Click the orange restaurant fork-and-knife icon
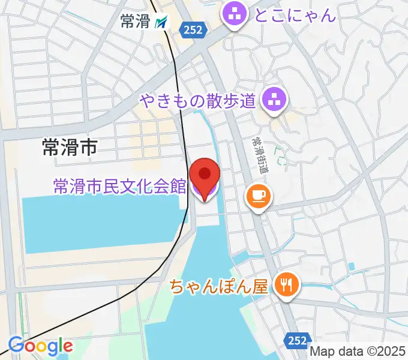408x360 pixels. [286, 283]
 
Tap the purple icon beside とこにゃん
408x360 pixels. [234, 14]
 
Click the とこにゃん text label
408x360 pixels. [295, 14]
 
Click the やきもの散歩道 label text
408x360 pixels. [199, 98]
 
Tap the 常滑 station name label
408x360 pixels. [135, 22]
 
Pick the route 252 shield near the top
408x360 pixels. [194, 29]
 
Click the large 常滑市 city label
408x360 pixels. [70, 146]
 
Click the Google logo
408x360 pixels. [40, 346]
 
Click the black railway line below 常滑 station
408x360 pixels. [178, 90]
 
